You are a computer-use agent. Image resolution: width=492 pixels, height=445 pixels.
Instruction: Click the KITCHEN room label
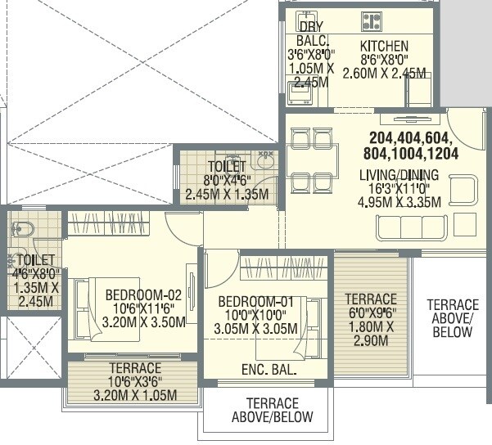[384, 46]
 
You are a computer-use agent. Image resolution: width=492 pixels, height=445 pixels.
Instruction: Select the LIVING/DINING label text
[399, 174]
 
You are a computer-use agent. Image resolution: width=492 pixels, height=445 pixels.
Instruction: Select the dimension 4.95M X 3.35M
[400, 202]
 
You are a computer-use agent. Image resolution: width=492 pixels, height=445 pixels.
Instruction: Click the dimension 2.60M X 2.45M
[392, 74]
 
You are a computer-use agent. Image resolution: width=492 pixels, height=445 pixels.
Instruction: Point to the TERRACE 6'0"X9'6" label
[370, 299]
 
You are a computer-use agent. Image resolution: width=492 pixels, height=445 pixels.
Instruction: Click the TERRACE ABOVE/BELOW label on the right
[453, 318]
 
